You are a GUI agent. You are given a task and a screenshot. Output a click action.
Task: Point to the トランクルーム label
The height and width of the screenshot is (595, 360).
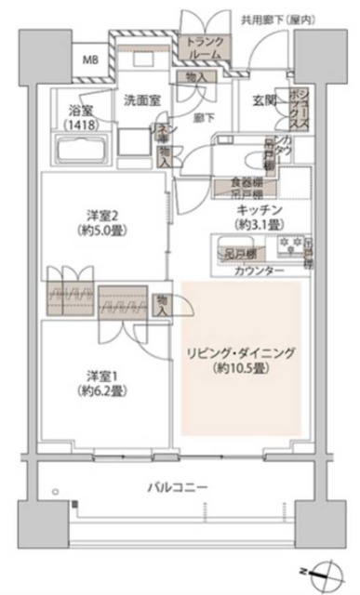(x=204, y=48)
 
